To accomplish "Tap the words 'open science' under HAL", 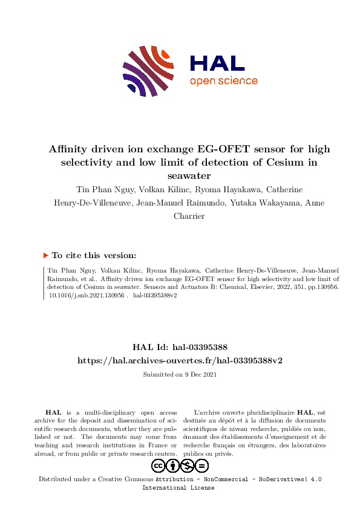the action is pos(223,82).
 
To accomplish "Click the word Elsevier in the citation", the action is pos(247,288).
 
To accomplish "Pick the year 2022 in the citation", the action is pos(270,288).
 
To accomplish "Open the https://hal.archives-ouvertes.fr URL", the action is pos(180,360).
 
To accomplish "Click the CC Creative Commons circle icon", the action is pos(159,465).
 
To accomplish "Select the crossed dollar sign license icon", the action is pos(188,465).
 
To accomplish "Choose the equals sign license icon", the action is pos(202,465).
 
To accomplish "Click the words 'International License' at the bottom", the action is pos(178,488).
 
